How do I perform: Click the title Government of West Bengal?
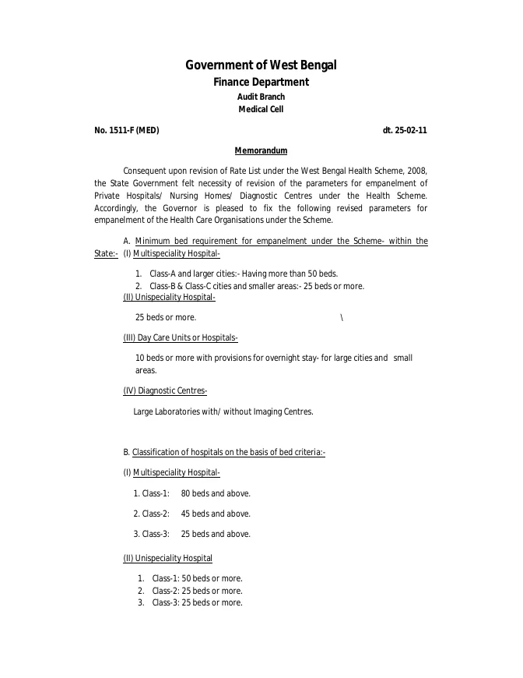coord(261,65)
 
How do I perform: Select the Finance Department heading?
coord(261,82)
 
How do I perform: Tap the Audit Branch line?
coord(261,97)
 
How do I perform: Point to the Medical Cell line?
coord(261,110)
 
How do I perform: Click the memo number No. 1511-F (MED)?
coord(127,130)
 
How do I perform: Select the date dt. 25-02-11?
coord(405,130)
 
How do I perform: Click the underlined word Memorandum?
coord(261,150)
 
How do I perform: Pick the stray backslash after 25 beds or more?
coord(342,317)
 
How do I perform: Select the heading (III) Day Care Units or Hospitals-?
coord(181,337)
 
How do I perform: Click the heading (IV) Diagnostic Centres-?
coord(165,390)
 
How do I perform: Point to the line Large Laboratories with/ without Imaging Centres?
coord(223,411)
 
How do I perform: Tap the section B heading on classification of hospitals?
coord(224,452)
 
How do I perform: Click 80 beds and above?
coord(216,493)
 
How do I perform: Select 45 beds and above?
coord(216,514)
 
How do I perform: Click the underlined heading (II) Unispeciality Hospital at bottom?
coord(168,558)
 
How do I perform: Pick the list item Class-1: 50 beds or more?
coord(197,578)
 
